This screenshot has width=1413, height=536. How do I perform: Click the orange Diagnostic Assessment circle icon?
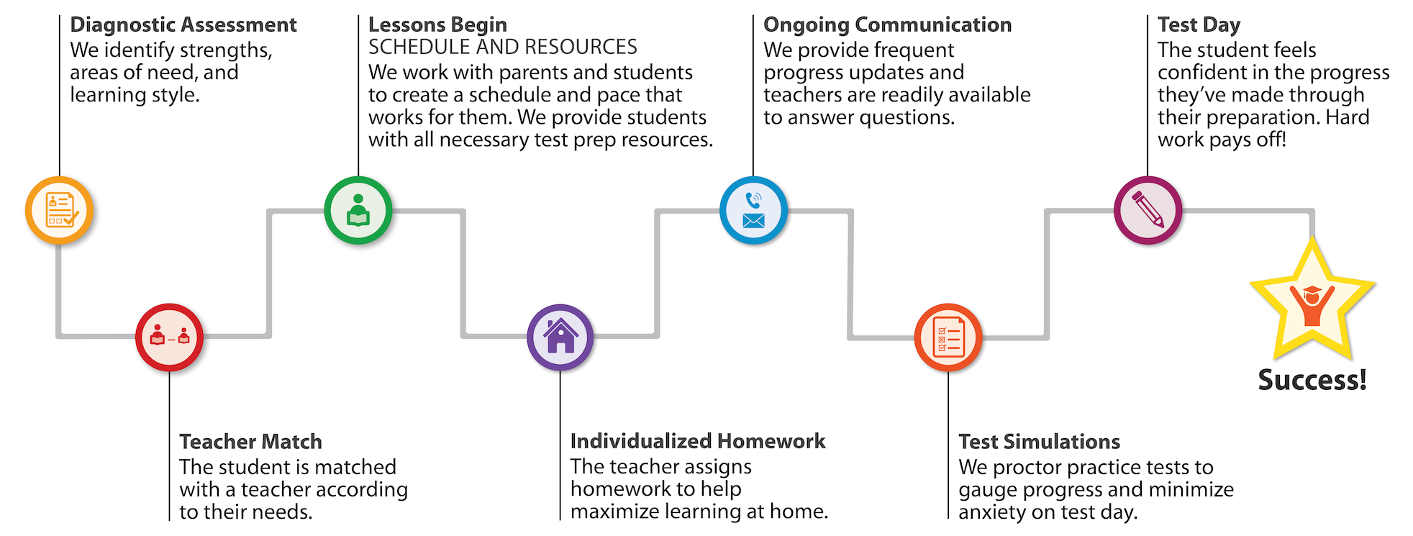point(59,210)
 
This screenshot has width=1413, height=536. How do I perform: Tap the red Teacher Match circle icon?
point(169,337)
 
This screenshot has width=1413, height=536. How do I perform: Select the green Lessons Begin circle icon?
point(358,210)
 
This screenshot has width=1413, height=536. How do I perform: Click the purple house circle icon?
point(560,337)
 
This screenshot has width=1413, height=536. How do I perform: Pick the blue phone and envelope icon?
point(753,210)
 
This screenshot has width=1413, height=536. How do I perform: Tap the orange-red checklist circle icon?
point(948,337)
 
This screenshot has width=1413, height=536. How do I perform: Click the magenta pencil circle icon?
point(1148,210)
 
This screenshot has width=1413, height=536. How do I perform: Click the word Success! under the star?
point(1312,380)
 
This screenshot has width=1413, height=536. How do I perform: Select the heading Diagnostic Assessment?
point(183,25)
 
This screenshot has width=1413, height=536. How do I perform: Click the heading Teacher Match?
point(250,441)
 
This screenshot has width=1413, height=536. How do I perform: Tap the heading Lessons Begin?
point(437,25)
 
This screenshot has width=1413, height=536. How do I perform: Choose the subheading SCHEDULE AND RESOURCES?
point(502,47)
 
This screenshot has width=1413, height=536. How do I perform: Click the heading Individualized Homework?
point(698,441)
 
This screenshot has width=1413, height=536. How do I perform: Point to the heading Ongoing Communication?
point(887,25)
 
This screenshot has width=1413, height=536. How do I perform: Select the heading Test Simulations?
point(1039,441)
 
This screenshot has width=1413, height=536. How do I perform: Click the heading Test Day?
point(1199,25)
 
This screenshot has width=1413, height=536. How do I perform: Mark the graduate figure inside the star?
point(1312,305)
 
